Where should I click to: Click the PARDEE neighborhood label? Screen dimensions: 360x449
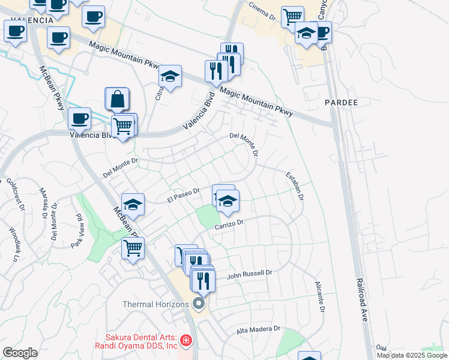(341, 103)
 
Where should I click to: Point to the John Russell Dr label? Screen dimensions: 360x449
(250, 274)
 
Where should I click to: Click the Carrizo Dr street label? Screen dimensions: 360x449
(229, 224)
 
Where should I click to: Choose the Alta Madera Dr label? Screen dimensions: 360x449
(258, 329)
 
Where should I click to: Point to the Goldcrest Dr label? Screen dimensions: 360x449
(14, 193)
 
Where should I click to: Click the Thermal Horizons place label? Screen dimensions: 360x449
(156, 304)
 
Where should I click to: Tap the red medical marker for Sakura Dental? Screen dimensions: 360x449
(186, 341)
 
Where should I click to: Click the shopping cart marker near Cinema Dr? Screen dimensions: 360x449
(292, 17)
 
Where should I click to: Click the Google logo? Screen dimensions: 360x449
(20, 352)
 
